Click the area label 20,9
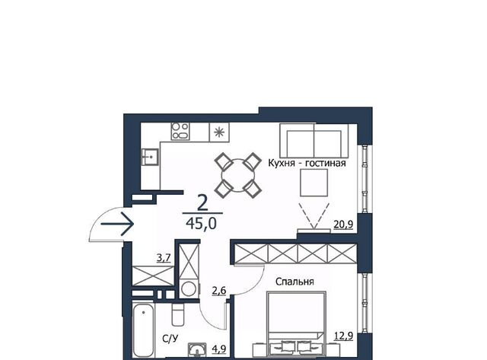tap(343, 224)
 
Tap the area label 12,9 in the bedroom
tap(343, 336)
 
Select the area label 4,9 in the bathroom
tap(218, 349)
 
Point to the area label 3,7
tap(164, 258)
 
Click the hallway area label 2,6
tap(219, 291)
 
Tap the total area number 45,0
tap(201, 223)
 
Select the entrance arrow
tap(117, 224)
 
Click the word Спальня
tap(294, 282)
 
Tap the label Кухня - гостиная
tap(307, 163)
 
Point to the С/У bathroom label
tap(170, 339)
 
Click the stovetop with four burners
tap(180, 131)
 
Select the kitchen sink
tap(150, 157)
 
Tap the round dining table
tap(238, 175)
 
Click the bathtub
tap(143, 330)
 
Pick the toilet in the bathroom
tap(177, 314)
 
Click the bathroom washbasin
tap(197, 349)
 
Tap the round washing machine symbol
tap(189, 288)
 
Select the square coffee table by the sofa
tap(314, 183)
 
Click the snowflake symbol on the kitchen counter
tap(219, 132)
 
